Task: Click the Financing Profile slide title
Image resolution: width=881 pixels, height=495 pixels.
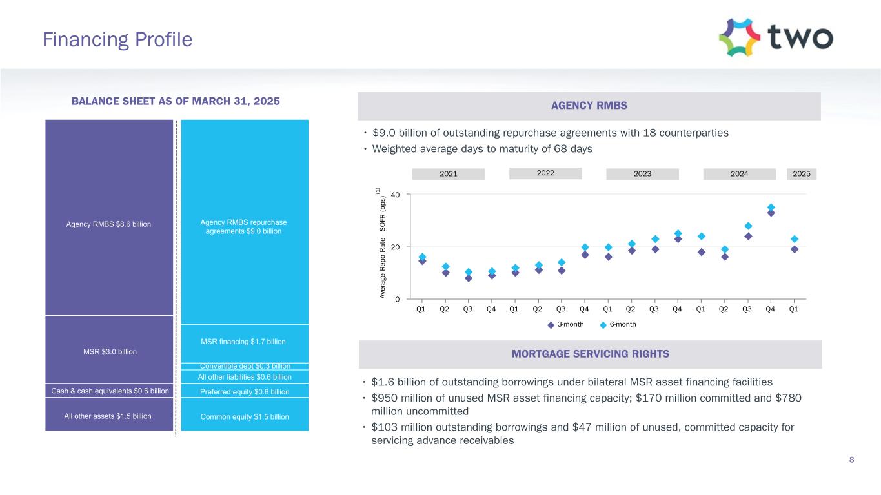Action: [x=117, y=40]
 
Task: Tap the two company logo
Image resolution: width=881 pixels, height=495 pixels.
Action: [x=776, y=37]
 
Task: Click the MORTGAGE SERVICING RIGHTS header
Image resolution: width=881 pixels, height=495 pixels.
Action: [x=590, y=354]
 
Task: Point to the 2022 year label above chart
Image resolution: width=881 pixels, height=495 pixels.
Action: [x=545, y=173]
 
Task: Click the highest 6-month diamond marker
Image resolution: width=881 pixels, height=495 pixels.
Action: [x=771, y=208]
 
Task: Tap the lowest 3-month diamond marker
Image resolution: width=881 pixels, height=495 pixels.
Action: [x=468, y=278]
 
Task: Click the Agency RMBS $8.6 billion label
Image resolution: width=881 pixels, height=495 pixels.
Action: [x=109, y=224]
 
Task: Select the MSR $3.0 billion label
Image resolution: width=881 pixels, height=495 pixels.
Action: [x=109, y=351]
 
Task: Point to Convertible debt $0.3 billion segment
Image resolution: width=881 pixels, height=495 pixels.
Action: [x=245, y=366]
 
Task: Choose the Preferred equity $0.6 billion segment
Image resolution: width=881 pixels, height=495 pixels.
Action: [x=245, y=391]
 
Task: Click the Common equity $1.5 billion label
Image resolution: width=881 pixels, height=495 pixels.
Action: [x=245, y=417]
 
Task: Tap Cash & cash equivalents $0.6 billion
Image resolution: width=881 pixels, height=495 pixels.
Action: [x=109, y=391]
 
